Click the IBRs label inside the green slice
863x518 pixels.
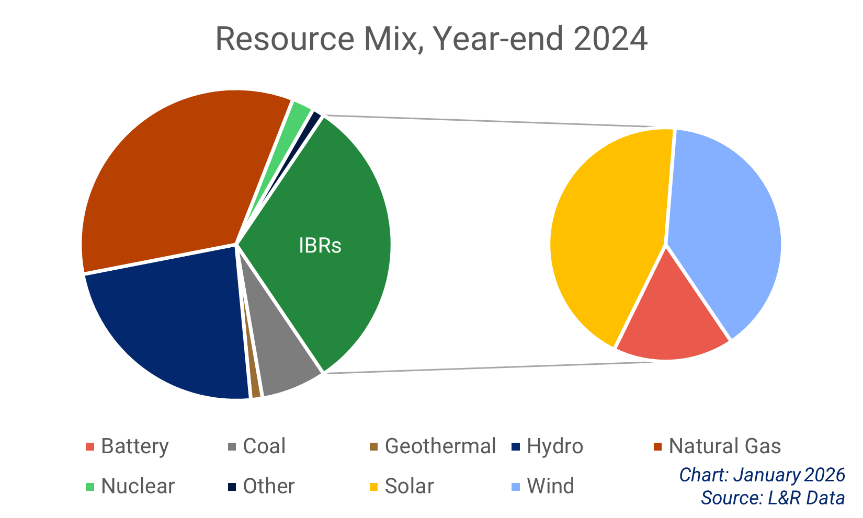pyautogui.click(x=320, y=246)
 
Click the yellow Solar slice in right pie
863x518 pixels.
pyautogui.click(x=607, y=235)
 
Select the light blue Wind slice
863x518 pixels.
pyautogui.click(x=727, y=225)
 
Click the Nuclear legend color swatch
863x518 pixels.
pyautogui.click(x=90, y=487)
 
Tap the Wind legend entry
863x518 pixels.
pyautogui.click(x=550, y=486)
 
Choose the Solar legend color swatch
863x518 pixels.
pyautogui.click(x=373, y=487)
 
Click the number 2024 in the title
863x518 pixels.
pyautogui.click(x=610, y=39)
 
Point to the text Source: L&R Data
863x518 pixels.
pyautogui.click(x=773, y=498)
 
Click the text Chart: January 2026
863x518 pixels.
pyautogui.click(x=762, y=475)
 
